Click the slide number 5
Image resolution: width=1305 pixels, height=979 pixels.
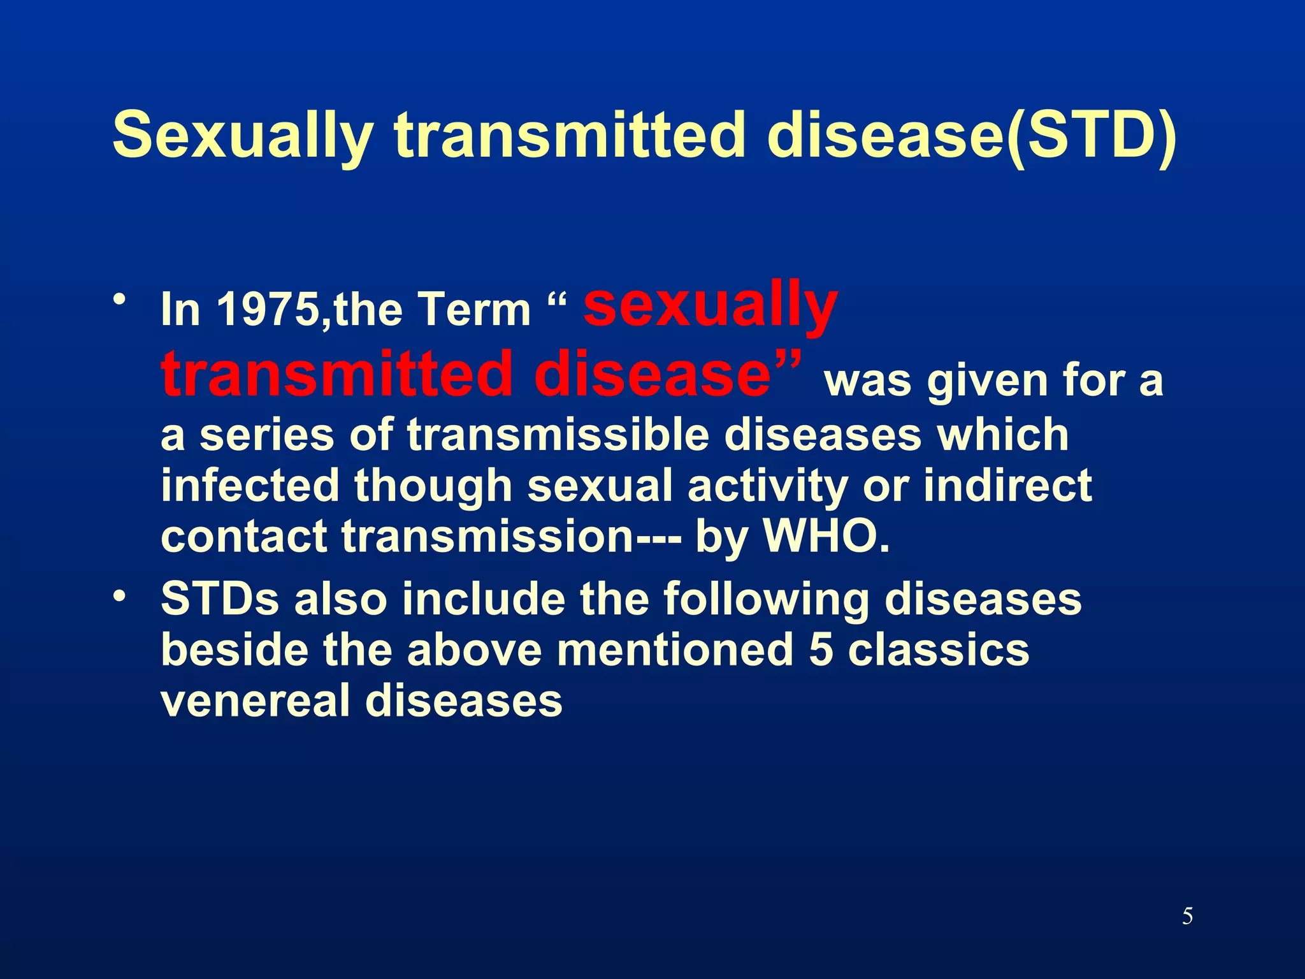1187,917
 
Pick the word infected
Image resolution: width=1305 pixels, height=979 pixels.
250,486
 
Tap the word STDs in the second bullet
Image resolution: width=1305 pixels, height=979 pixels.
220,600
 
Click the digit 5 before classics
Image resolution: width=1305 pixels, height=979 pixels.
821,651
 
